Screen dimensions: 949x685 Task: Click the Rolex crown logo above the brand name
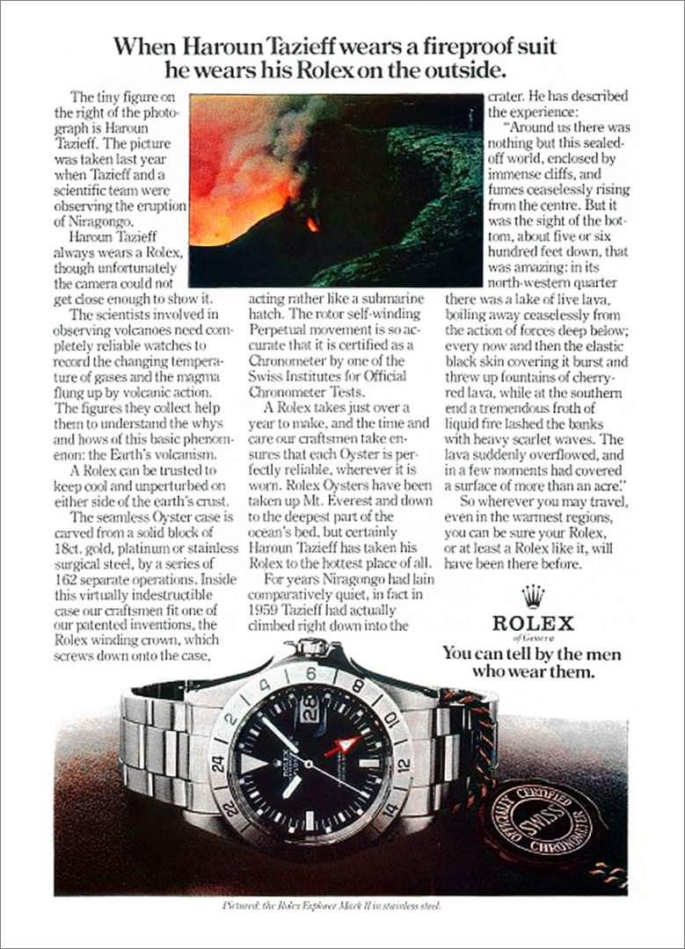tap(532, 597)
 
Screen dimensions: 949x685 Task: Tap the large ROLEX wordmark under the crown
tap(533, 623)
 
